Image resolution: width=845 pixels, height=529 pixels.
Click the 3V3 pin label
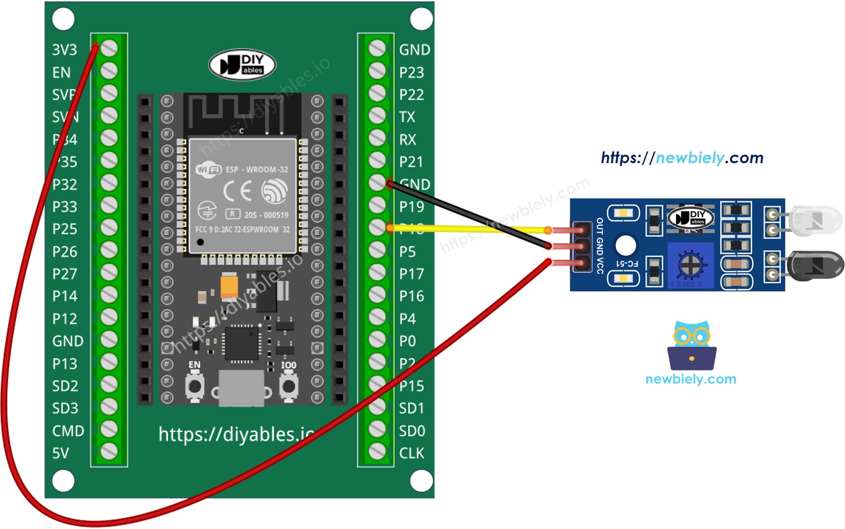coord(64,50)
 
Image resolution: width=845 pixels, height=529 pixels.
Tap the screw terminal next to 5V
coord(109,451)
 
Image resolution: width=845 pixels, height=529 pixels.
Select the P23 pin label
coord(411,72)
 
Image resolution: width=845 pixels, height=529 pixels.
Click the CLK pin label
coord(411,453)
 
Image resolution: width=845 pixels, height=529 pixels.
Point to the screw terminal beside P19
coord(377,205)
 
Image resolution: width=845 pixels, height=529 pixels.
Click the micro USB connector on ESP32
coord(241,388)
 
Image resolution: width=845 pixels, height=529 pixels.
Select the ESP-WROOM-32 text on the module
coord(257,170)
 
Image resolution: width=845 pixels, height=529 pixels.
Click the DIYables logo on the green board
coord(242,65)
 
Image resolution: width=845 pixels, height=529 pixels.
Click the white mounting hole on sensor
coord(626,245)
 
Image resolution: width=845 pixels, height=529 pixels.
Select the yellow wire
coord(471,229)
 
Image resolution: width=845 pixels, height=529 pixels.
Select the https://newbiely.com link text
coord(682,158)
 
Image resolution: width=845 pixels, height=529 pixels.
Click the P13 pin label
coord(64,363)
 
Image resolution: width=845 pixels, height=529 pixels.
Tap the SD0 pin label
coord(412,431)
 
